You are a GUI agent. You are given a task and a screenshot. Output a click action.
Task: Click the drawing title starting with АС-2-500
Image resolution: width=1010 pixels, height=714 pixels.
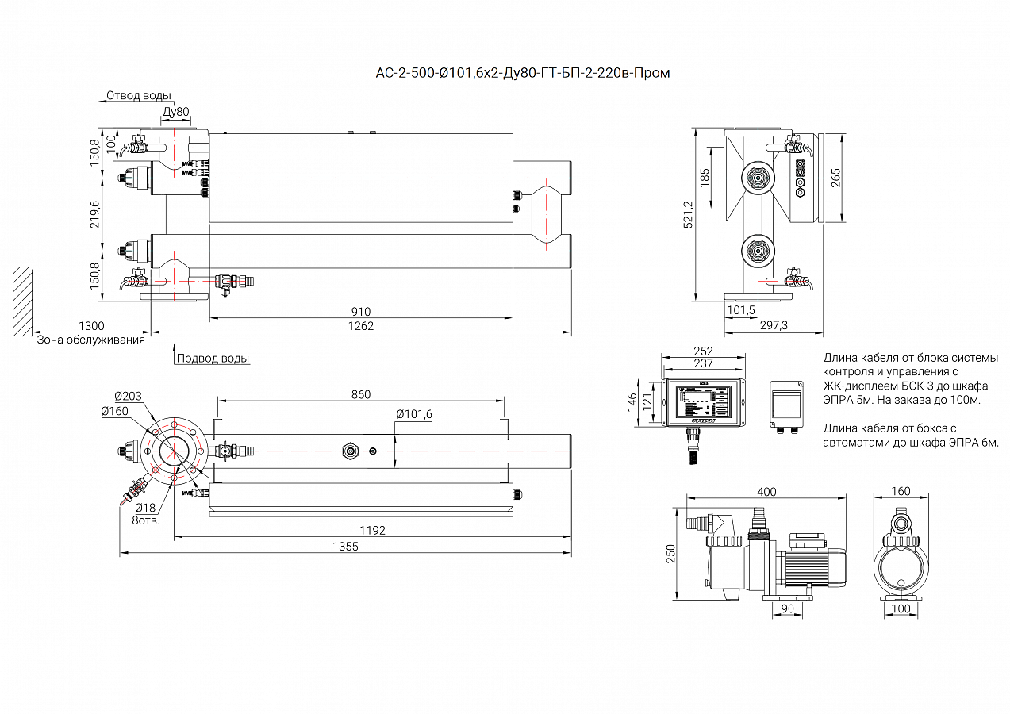coord(522,74)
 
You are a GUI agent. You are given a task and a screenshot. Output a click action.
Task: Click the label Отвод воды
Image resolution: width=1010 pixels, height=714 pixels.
coord(139,96)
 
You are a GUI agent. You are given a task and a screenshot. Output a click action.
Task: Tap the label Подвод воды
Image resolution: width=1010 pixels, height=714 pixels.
coord(213,359)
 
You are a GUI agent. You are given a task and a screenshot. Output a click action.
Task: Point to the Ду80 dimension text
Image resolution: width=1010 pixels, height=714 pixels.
coord(175,112)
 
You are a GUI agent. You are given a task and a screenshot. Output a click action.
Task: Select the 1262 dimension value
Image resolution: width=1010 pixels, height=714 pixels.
coord(361,326)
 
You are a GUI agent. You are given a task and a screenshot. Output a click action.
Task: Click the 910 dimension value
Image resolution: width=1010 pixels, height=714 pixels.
coord(361,312)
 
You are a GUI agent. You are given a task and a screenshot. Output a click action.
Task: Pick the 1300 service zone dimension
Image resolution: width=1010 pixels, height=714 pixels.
coord(91,326)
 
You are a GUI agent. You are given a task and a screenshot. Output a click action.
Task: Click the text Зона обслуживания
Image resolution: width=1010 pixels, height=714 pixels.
coord(91,340)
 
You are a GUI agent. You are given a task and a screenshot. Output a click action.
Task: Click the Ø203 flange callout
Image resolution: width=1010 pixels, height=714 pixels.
coord(128,396)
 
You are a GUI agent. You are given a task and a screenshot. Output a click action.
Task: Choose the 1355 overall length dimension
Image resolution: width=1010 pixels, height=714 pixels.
coord(345,547)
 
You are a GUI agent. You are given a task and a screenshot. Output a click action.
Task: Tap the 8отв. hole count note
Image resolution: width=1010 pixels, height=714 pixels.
coord(146,521)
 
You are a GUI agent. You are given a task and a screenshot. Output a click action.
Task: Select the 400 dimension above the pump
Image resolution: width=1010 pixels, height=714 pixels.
coord(766,492)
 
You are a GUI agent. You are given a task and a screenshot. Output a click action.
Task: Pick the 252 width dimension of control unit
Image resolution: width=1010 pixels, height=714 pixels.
coord(703,351)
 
